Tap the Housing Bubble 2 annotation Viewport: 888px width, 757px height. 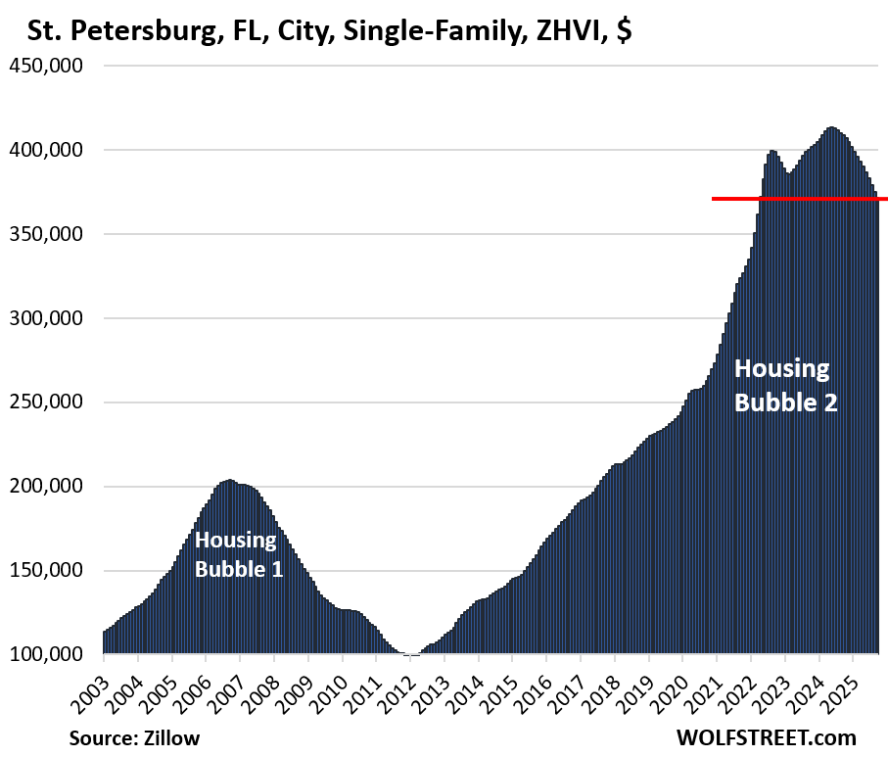coord(785,385)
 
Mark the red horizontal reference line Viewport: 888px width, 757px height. coord(799,199)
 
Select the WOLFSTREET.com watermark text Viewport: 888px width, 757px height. coord(766,737)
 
